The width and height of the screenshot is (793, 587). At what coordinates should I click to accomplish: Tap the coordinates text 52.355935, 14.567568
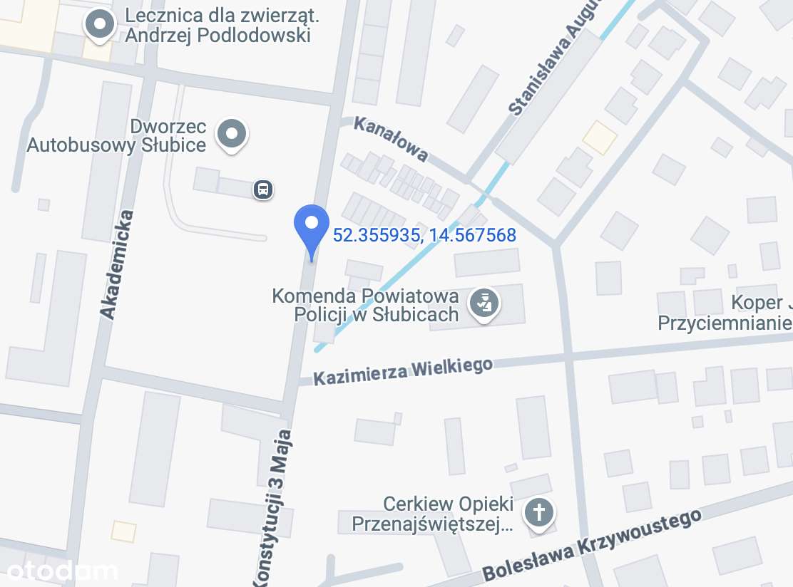(x=424, y=235)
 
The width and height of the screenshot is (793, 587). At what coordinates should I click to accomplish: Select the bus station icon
(x=263, y=189)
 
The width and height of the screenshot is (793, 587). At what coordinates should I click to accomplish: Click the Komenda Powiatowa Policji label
(x=365, y=305)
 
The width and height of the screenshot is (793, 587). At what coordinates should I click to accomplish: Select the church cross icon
(x=541, y=511)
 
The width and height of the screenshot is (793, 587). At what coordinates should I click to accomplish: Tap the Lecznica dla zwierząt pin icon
(x=100, y=25)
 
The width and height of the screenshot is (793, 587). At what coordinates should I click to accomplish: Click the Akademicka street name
(x=117, y=264)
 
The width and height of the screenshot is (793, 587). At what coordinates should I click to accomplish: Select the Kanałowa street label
(x=391, y=139)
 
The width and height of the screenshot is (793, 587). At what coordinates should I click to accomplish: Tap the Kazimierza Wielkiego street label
(x=403, y=370)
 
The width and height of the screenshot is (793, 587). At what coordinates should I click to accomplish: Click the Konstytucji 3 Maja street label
(x=274, y=506)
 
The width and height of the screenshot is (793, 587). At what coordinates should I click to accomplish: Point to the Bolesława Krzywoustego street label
(x=592, y=544)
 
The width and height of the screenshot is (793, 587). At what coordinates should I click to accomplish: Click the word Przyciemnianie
(x=725, y=323)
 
